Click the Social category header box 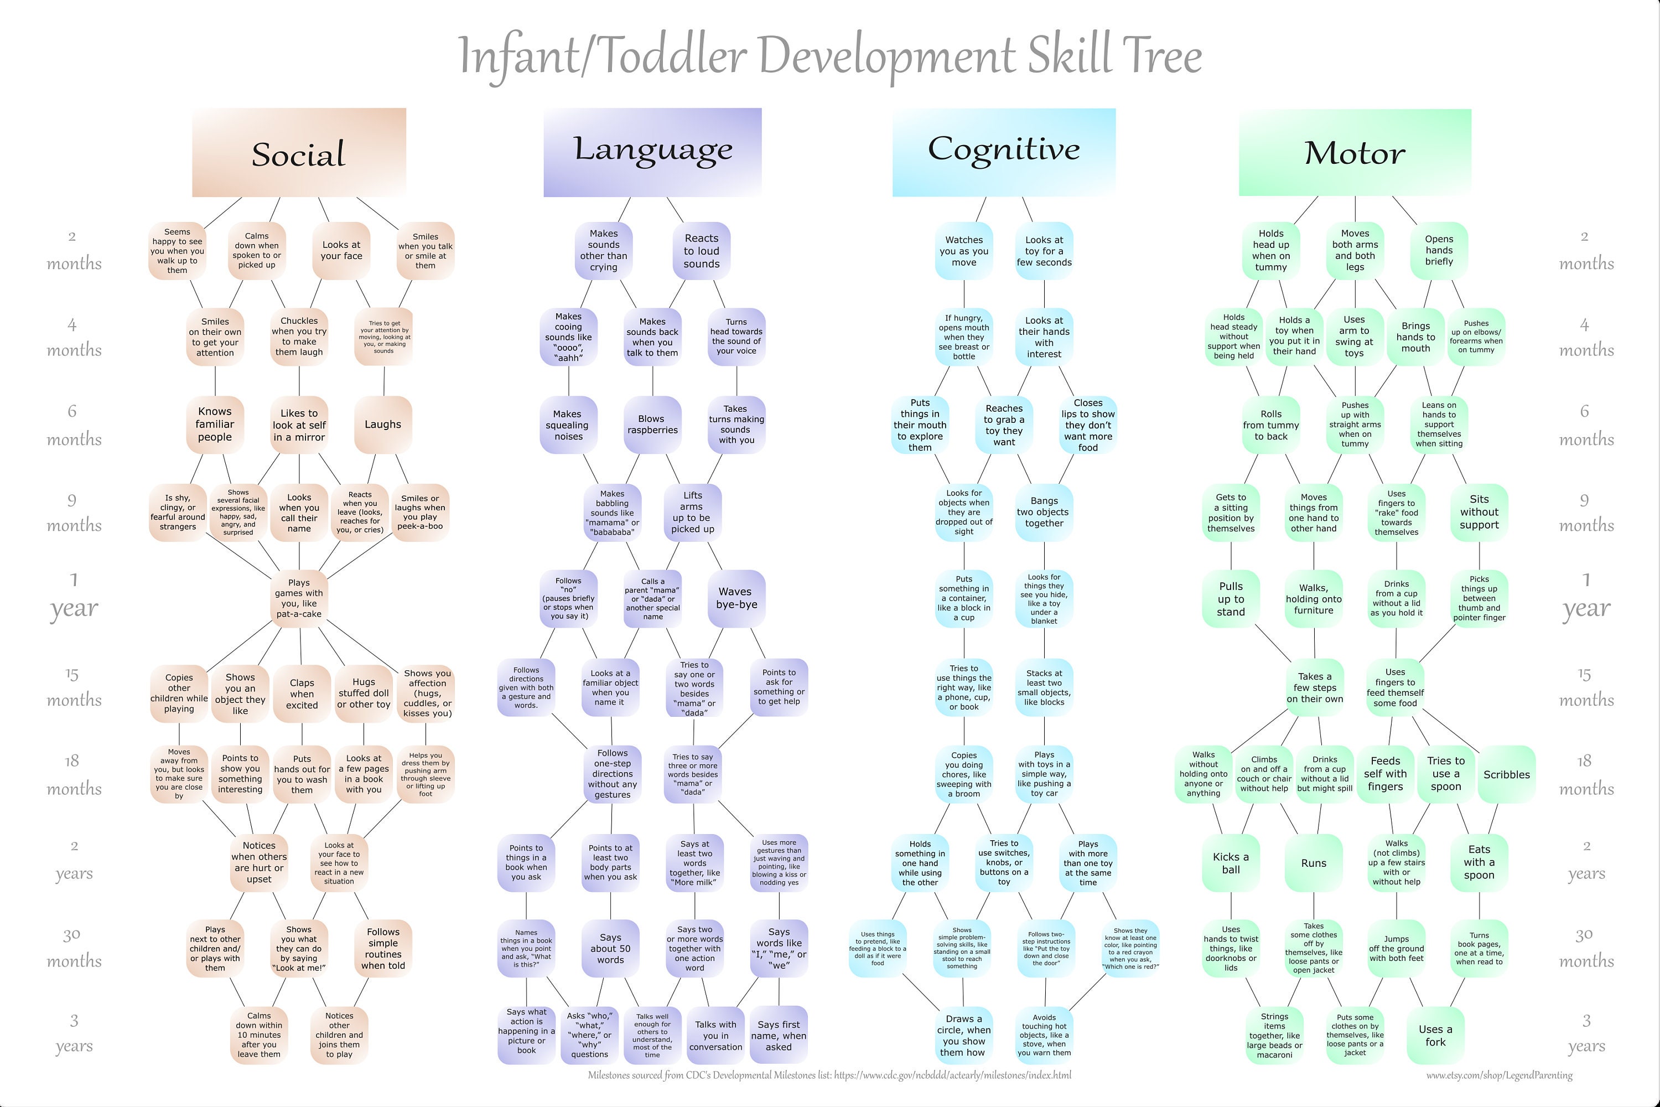pos(299,153)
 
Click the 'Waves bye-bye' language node pos(736,598)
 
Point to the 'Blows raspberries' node pos(652,425)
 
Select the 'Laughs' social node pos(382,425)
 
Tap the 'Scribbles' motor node pos(1506,774)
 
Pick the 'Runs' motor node pos(1314,863)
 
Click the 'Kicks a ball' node pos(1230,863)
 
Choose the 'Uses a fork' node pos(1435,1036)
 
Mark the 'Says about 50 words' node pos(610,949)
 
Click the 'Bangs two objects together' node pos(1044,512)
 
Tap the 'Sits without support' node pos(1479,512)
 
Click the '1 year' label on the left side pos(74,597)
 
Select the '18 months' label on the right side pos(1586,774)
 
